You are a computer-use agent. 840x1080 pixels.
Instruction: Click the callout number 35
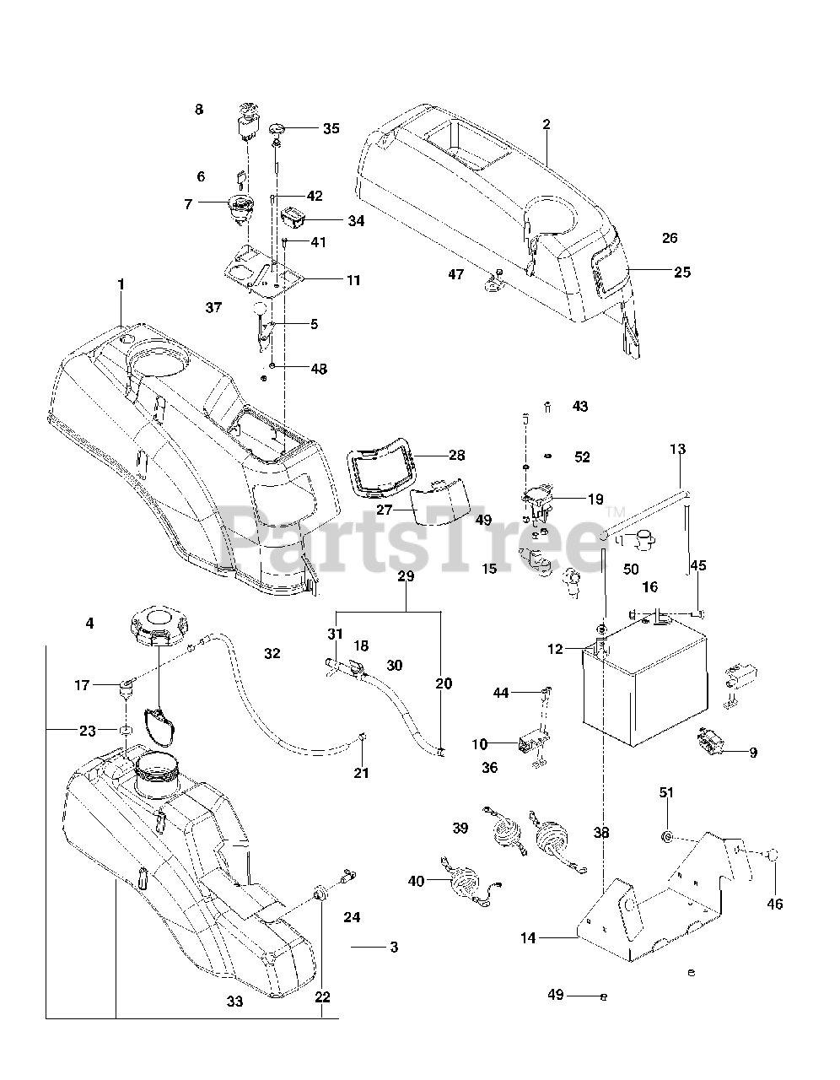(x=331, y=128)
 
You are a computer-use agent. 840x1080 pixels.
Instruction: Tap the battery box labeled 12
(x=645, y=682)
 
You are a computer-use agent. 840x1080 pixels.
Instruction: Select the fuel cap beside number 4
(x=159, y=628)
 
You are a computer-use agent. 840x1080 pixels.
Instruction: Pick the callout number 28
(x=456, y=455)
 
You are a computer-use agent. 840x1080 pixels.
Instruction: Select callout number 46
(x=774, y=904)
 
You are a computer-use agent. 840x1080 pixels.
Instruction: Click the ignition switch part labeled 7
(x=241, y=209)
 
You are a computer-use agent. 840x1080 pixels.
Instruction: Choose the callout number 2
(x=547, y=124)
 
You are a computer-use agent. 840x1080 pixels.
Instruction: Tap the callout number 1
(x=121, y=285)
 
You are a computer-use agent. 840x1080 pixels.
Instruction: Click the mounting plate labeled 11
(x=262, y=273)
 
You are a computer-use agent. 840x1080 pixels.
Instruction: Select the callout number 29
(x=406, y=576)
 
